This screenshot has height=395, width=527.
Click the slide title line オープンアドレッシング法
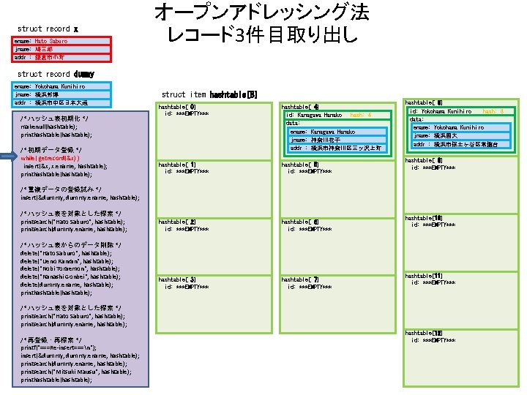click(x=261, y=12)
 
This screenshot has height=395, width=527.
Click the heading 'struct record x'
click(x=48, y=29)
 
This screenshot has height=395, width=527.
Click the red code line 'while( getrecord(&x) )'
click(x=51, y=157)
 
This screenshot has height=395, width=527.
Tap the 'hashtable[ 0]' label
click(x=177, y=107)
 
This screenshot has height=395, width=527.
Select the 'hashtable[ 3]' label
click(x=177, y=279)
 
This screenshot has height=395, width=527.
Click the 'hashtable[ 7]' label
click(x=300, y=279)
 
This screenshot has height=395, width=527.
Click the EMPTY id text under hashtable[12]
click(x=435, y=340)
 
